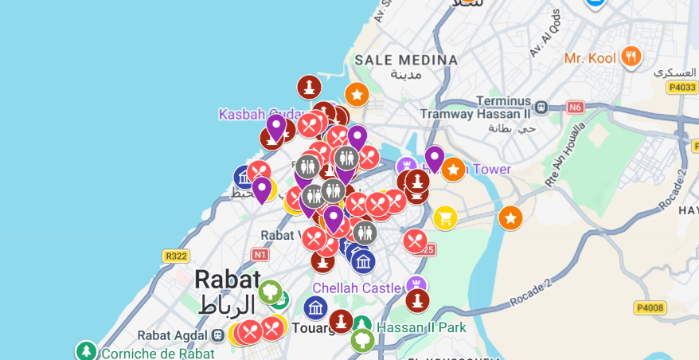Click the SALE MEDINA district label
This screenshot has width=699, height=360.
pos(406,60)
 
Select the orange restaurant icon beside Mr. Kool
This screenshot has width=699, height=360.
pos(631,56)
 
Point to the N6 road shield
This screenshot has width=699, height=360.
pos(574,107)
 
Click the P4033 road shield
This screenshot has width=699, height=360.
pos(681,88)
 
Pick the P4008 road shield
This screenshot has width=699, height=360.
pos(650,307)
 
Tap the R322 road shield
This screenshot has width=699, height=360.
pos(175,256)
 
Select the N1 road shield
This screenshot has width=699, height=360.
pos(260,255)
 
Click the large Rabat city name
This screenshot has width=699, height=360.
pos(227,280)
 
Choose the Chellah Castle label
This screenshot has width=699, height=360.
pos(358,288)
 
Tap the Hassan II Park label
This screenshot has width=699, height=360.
pos(421,327)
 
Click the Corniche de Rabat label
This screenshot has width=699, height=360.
pos(158,354)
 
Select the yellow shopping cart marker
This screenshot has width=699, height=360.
pos(445,217)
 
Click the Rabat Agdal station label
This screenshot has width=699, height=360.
pos(174,335)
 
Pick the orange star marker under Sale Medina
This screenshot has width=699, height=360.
pos(356,95)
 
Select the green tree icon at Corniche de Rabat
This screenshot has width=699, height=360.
pos(86,350)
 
